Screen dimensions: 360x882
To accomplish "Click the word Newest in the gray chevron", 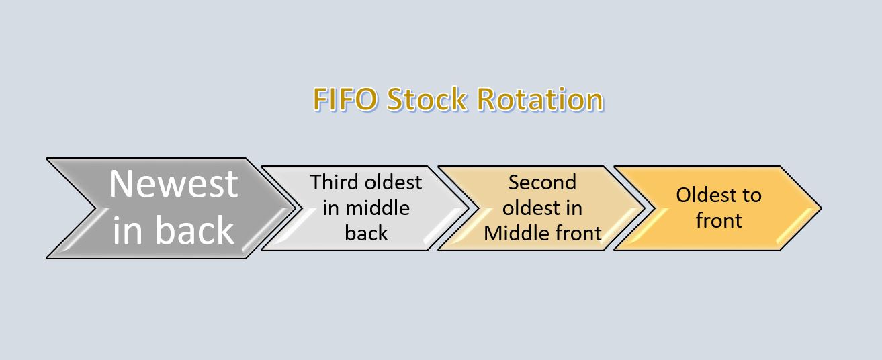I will (x=173, y=183).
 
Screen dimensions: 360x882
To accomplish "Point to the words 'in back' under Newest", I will (x=173, y=230).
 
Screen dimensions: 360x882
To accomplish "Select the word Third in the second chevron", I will (x=335, y=182).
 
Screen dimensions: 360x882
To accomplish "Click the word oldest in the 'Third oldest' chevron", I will (x=394, y=182).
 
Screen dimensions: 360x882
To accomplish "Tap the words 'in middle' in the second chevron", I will (x=366, y=208).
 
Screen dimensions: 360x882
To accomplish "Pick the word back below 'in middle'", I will (x=366, y=233).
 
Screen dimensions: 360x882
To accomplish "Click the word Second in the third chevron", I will (x=542, y=182).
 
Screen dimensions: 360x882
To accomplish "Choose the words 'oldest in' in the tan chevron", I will (x=542, y=208).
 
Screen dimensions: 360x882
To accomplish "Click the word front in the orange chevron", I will (x=718, y=220).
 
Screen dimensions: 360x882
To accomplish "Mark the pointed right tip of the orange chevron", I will (x=820, y=208).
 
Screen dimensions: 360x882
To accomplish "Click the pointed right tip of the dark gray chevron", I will (x=294, y=208).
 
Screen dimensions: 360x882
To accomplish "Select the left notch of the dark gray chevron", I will (x=94, y=208).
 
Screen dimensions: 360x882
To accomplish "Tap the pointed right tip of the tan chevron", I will (x=646, y=208).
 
